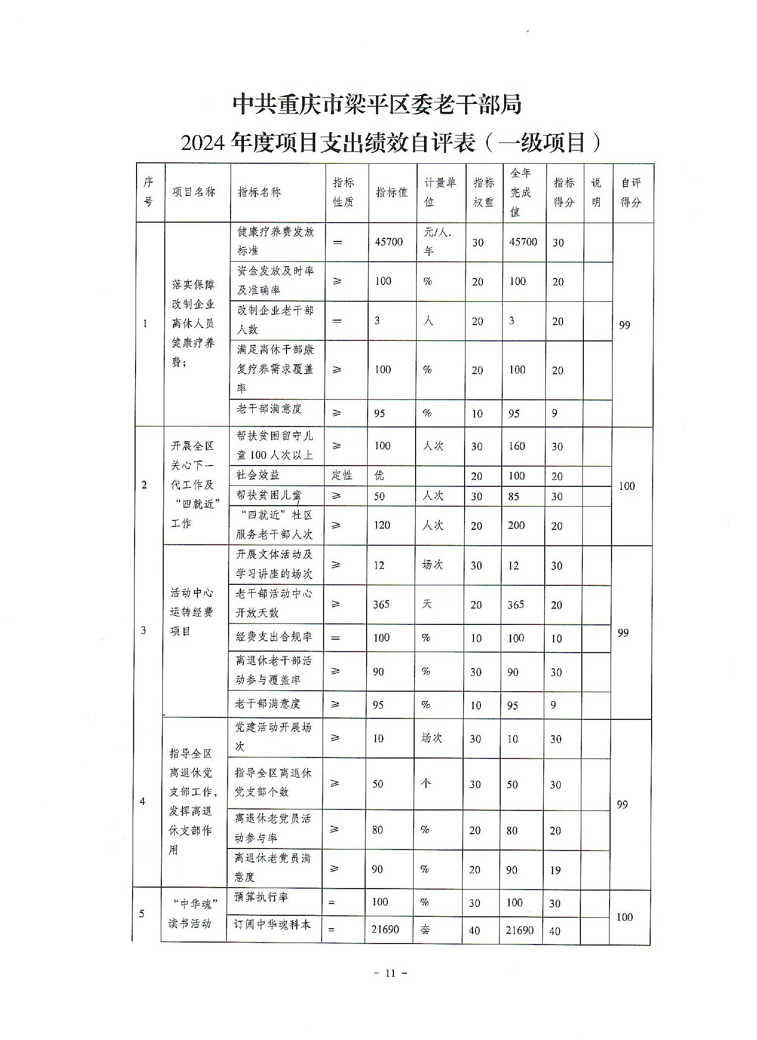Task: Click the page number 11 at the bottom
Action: [x=390, y=973]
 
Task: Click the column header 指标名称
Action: [x=259, y=192]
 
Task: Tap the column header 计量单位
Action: [x=440, y=192]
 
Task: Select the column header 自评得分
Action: [x=631, y=192]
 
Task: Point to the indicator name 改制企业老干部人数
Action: [x=275, y=320]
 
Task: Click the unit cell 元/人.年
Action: [x=438, y=241]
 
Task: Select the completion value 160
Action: [x=517, y=446]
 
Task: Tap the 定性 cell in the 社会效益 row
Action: [x=342, y=475]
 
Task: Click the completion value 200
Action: [x=516, y=525]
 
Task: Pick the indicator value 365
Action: [x=381, y=604]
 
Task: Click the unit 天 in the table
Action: [x=426, y=604]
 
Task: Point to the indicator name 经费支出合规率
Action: [x=274, y=637]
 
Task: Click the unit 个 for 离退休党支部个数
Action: [x=426, y=783]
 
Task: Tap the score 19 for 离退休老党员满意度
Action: [x=555, y=870]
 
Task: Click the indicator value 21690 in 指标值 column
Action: [x=385, y=929]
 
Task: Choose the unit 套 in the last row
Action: [x=425, y=929]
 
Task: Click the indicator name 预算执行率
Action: [x=261, y=897]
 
